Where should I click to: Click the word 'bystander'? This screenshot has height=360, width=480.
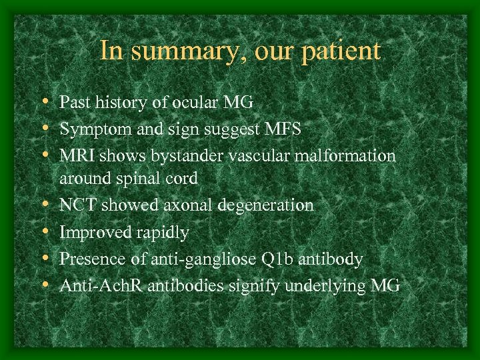[x=184, y=156]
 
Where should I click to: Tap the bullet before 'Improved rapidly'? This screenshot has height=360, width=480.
[x=43, y=233]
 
